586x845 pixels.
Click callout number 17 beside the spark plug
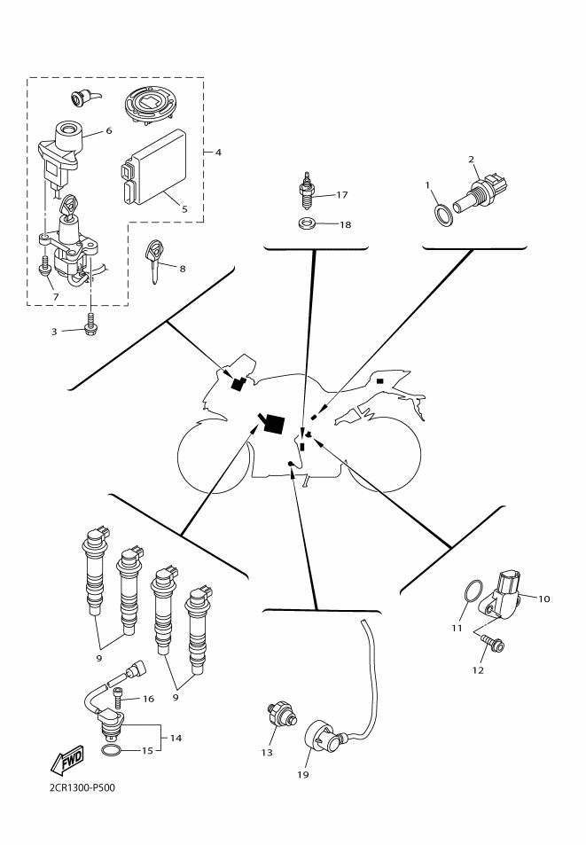[x=343, y=194]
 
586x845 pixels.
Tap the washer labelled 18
[x=307, y=223]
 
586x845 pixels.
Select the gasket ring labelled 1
[x=441, y=215]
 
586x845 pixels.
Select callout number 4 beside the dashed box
[x=218, y=153]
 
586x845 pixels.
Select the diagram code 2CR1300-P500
[x=76, y=786]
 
